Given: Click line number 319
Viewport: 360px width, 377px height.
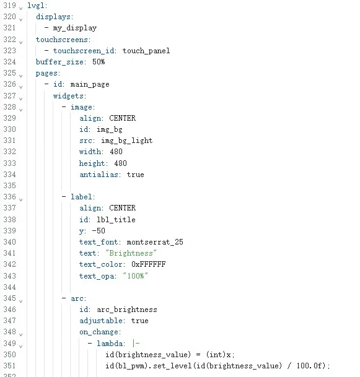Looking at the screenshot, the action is coord(10,6).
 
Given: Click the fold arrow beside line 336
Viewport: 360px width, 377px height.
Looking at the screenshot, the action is coord(20,199).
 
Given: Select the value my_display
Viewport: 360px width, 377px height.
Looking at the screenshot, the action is coord(75,28).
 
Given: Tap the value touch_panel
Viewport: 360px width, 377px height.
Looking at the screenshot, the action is coord(146,51).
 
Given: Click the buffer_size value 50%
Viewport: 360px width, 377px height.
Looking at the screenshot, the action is coord(99,62).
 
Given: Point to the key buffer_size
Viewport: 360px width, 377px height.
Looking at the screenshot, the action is coord(59,62).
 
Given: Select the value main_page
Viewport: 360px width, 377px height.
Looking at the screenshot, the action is coord(90,84).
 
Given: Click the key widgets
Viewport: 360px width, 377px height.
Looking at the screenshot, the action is coord(68,96).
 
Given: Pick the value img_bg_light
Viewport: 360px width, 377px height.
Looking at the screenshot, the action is coord(127,141).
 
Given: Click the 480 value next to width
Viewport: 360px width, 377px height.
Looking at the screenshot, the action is coord(116,152).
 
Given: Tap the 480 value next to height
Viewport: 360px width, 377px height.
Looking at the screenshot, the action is coord(121,163).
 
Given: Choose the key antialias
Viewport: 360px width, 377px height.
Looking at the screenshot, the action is coord(99,175).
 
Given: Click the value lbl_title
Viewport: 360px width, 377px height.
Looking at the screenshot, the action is coord(116,220).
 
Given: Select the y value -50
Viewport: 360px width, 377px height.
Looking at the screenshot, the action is coord(99,231).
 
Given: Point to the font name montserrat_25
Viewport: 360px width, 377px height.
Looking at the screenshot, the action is coord(155,242).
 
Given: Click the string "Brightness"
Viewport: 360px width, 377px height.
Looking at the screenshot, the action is coord(131,253).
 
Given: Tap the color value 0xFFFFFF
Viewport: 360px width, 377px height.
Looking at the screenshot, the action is coord(149,264).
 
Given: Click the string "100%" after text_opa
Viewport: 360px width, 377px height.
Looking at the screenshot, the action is coord(136,275).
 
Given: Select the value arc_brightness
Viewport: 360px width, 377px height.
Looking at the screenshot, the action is coord(127,310).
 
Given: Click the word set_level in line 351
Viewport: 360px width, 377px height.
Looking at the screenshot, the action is coord(172,366).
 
